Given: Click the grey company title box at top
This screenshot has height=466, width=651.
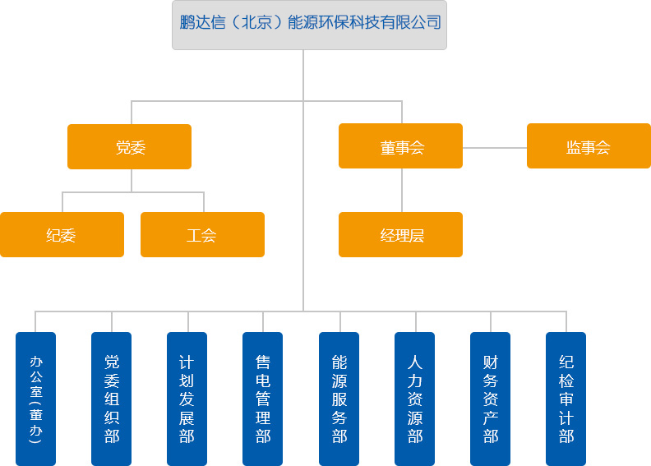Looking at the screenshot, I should pos(309,25).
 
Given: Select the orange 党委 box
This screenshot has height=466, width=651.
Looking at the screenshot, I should pos(129,146).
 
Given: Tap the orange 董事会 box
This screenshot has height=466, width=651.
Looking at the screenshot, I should pos(400,146).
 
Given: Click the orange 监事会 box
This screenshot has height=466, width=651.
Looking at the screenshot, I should pos(589,146).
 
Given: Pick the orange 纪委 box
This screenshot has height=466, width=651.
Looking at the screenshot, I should pos(62,235).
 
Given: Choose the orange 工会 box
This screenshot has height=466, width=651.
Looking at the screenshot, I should pos(202,235).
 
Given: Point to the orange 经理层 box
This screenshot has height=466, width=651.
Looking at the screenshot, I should pos(400,235).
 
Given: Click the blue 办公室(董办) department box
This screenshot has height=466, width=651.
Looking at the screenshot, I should pos(35,399).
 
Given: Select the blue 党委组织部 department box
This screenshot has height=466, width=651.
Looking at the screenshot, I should pos(112,399).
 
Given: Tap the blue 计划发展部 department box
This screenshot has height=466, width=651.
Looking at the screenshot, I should pos(187,399).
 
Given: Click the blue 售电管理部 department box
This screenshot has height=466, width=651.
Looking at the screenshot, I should pos(263,399).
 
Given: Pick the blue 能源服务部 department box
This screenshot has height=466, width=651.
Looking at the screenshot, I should pos(339,399).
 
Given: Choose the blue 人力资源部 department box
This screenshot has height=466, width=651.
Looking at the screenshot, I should pos(415,399).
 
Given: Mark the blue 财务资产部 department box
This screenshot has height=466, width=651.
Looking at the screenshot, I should pos(491,399).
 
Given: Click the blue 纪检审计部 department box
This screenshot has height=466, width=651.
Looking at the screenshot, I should pos(566,399).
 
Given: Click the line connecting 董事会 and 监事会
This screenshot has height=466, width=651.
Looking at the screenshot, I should pos(495,147).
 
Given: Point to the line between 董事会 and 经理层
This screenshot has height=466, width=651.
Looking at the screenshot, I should pos(402,190).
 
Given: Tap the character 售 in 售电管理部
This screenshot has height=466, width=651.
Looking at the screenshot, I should pos(263,362).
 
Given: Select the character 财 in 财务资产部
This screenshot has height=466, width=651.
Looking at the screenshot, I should pos(491,362).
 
